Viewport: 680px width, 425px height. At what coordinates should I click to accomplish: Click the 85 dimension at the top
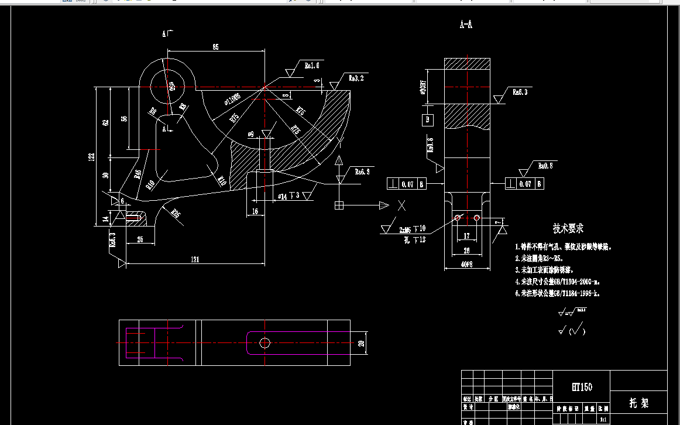[x=215, y=47]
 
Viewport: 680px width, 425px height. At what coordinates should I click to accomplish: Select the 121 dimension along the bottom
[x=195, y=259]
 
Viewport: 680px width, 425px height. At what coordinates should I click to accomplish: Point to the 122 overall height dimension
[x=91, y=156]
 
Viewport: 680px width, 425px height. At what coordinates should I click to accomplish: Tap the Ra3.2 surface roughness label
[x=356, y=77]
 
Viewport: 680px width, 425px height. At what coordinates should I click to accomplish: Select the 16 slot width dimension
[x=255, y=211]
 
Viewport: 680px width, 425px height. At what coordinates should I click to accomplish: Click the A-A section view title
[x=466, y=25]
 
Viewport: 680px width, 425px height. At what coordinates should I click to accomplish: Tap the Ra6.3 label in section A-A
[x=520, y=92]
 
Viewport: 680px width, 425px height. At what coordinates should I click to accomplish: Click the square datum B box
[x=428, y=120]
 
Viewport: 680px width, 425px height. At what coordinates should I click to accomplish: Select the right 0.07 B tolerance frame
[x=526, y=184]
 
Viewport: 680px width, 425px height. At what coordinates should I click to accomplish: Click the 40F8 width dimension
[x=466, y=265]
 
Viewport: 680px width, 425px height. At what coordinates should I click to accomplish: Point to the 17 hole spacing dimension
[x=466, y=236]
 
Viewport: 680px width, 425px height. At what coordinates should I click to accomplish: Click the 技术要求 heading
[x=568, y=228]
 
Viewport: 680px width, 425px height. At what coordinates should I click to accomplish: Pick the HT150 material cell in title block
[x=582, y=387]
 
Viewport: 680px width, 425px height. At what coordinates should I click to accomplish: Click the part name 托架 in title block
[x=638, y=403]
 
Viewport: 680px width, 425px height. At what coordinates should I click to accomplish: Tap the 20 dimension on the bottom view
[x=361, y=342]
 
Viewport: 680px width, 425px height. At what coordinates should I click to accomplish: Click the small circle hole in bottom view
[x=265, y=342]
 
